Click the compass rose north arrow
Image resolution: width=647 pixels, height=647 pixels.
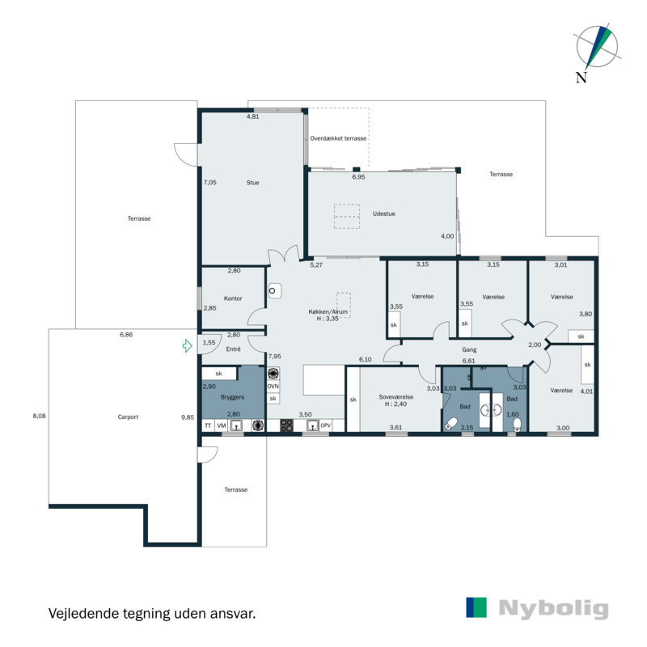tap(597, 48)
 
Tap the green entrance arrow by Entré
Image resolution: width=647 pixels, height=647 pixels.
tap(188, 346)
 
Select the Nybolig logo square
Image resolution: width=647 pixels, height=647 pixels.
tap(476, 607)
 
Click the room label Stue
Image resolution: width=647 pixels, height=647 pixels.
tap(253, 183)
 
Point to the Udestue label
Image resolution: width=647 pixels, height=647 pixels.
tap(383, 214)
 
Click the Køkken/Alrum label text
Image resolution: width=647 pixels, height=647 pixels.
tap(328, 311)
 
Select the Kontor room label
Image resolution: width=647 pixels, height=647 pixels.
tap(233, 298)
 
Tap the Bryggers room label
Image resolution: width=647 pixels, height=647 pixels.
tap(232, 397)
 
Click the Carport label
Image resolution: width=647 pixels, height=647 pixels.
tap(128, 417)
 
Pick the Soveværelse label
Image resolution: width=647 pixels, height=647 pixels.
tap(396, 397)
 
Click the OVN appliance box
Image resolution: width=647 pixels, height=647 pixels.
tap(273, 387)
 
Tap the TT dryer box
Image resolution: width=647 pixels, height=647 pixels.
tap(208, 426)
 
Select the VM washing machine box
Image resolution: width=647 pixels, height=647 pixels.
tap(222, 426)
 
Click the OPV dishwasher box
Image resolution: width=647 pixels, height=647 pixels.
tap(326, 425)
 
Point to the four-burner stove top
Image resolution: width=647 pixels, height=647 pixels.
tap(287, 425)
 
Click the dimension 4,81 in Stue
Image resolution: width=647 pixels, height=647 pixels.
tap(253, 116)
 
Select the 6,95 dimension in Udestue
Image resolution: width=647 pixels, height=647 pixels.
tap(358, 176)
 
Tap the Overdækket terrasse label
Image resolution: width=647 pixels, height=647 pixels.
tap(338, 138)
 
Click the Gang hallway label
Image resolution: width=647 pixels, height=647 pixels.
tap(469, 349)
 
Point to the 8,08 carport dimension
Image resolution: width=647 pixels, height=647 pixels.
tap(39, 416)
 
